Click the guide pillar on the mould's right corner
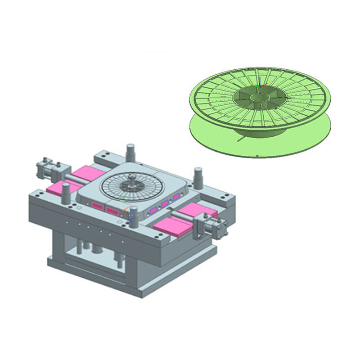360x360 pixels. pos(198,177)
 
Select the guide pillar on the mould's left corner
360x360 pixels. pos(66,193)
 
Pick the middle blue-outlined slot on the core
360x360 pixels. pos(165,203)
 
